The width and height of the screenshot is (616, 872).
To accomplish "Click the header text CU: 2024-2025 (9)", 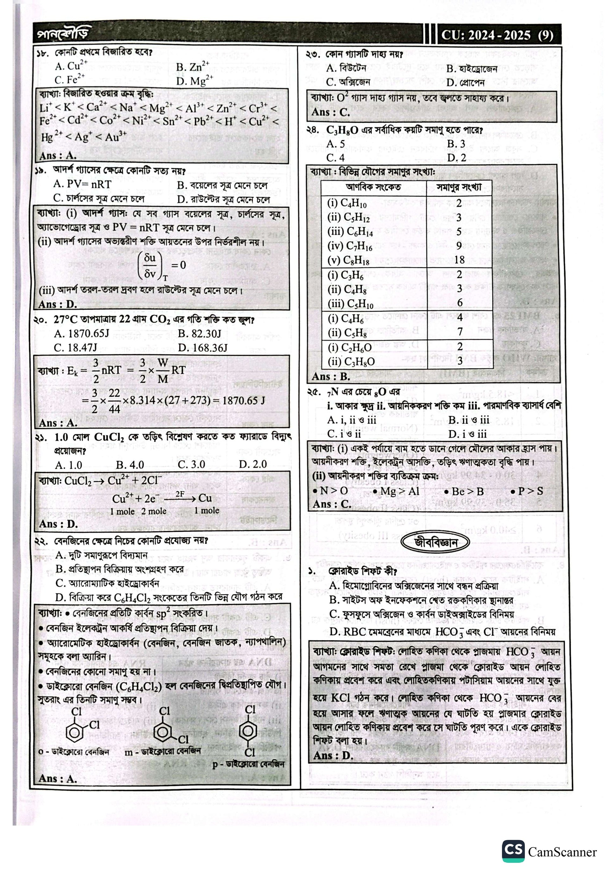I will point(497,35).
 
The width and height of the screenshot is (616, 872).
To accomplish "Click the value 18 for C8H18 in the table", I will point(459,260).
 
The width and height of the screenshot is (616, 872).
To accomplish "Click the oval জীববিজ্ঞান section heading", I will point(435,543).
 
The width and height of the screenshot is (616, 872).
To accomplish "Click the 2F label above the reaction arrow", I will point(180,494).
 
